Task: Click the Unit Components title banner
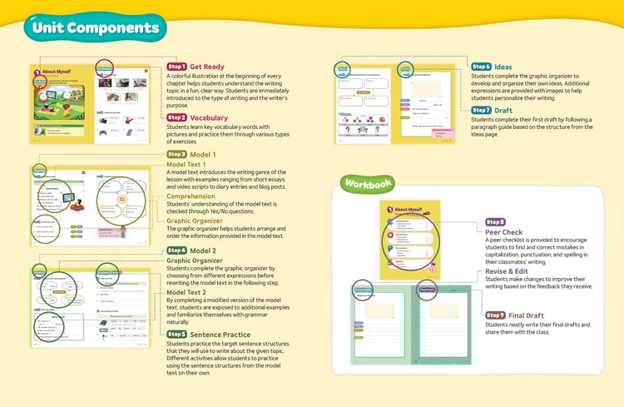92,28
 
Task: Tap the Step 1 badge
176,67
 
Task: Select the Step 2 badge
176,118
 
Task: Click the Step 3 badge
176,155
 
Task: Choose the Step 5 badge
176,334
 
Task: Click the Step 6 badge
481,67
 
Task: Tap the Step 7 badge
481,110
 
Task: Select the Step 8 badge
495,222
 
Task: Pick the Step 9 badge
495,315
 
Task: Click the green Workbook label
367,182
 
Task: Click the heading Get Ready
207,67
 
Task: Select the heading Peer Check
504,232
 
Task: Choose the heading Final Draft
531,315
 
